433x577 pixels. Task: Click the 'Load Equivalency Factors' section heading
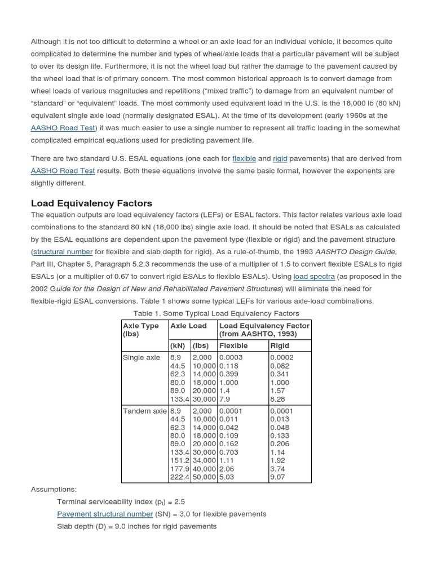click(x=91, y=203)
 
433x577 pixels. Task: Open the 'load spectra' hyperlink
click(x=314, y=276)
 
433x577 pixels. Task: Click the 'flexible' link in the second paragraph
click(x=244, y=158)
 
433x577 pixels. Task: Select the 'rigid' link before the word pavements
click(x=280, y=158)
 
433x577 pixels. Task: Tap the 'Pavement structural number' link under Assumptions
click(x=105, y=514)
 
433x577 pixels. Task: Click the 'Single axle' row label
click(x=141, y=357)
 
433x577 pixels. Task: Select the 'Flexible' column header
click(x=233, y=345)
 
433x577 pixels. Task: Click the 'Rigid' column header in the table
click(x=280, y=345)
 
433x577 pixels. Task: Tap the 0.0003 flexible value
click(x=231, y=357)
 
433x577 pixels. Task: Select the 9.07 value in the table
click(x=278, y=477)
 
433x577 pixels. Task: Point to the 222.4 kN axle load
click(x=179, y=477)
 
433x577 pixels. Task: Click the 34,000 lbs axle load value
click(x=204, y=460)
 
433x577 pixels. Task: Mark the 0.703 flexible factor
click(x=228, y=452)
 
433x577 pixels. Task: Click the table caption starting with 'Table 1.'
click(x=216, y=313)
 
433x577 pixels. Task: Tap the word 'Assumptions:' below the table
click(x=54, y=489)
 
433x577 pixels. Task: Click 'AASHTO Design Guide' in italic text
click(x=363, y=251)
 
